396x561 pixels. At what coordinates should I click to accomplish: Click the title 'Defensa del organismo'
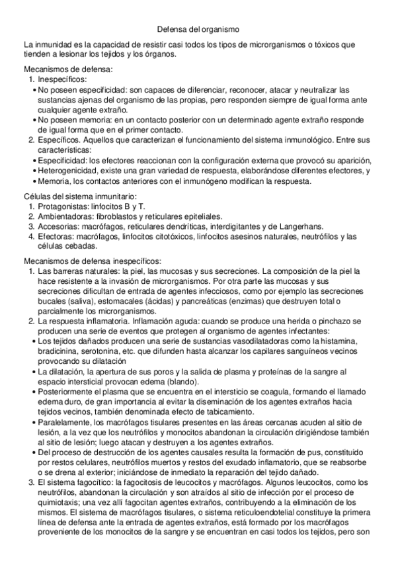[198, 29]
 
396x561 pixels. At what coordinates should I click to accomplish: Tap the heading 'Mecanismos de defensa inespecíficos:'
[88, 261]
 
